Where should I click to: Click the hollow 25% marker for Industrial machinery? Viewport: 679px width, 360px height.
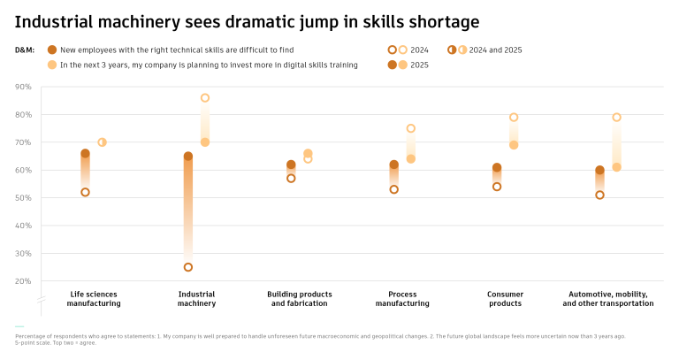[x=187, y=267]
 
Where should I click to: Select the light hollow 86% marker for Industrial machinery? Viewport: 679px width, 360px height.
[x=205, y=98]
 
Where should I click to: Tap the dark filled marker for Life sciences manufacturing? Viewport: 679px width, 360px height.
[x=85, y=154]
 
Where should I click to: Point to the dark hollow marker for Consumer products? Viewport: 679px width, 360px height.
[x=497, y=187]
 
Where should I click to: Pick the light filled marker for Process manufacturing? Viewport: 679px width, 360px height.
[x=411, y=159]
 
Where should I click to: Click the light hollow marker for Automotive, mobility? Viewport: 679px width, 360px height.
[x=617, y=118]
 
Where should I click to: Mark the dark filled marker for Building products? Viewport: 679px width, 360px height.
[x=291, y=165]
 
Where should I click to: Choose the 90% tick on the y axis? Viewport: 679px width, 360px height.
[x=24, y=87]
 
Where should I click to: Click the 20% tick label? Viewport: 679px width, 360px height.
[x=24, y=281]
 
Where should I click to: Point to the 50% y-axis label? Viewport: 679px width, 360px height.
[x=24, y=198]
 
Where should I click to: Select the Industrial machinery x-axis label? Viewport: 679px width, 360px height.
[x=196, y=298]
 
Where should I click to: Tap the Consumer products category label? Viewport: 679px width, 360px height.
[x=505, y=298]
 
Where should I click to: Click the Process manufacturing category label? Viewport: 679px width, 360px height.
[x=402, y=298]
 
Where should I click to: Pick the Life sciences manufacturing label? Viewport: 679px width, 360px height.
[x=94, y=298]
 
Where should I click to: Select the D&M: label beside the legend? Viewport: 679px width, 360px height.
[x=25, y=50]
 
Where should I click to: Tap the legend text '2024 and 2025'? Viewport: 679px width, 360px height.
[x=495, y=50]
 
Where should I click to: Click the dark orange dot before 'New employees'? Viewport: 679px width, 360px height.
[x=52, y=50]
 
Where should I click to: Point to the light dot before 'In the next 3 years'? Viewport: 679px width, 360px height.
[x=52, y=65]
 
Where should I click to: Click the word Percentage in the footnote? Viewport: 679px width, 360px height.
[x=33, y=336]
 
